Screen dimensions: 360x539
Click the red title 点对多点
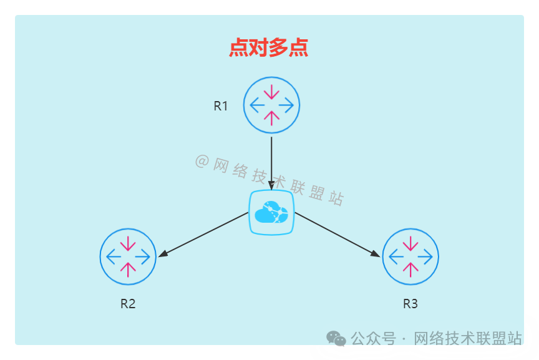[269, 48]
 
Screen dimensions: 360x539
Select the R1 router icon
[271, 105]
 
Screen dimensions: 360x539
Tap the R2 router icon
[128, 256]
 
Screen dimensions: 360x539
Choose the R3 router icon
[410, 256]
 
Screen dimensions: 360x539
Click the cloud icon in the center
[271, 212]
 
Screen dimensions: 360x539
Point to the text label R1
[221, 106]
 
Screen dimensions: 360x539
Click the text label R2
[128, 304]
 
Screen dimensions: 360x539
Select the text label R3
[410, 304]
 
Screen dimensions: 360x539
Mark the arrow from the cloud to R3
[337, 234]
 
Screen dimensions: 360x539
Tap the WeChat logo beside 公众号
[336, 338]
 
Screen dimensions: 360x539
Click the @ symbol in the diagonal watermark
[202, 162]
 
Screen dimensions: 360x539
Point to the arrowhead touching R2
[162, 254]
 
